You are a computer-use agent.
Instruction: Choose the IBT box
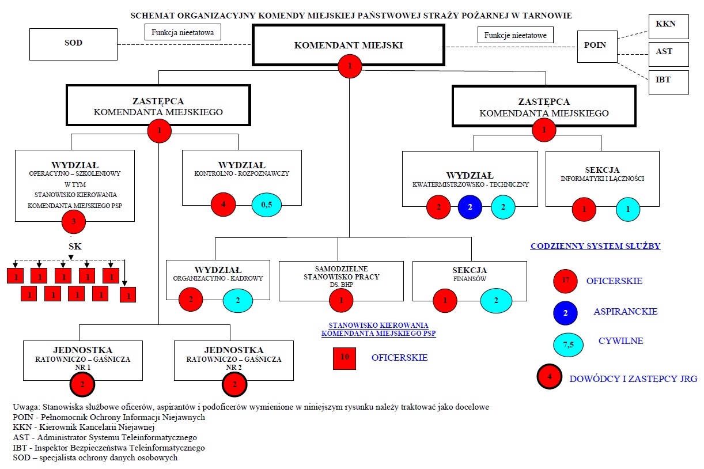668,80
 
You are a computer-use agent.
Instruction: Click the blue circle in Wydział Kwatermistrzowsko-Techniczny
470,207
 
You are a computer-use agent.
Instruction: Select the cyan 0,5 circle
267,204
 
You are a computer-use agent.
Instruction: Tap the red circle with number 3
73,222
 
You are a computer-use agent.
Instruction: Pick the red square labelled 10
345,358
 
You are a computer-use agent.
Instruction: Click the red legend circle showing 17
565,281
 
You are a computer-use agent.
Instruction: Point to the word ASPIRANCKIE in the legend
625,312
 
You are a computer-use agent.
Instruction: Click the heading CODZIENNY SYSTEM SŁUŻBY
595,247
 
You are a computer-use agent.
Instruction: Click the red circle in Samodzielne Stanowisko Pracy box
342,300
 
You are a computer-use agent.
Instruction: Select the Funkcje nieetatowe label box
515,36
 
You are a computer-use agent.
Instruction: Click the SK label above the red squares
75,247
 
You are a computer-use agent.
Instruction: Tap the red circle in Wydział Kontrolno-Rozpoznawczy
223,204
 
